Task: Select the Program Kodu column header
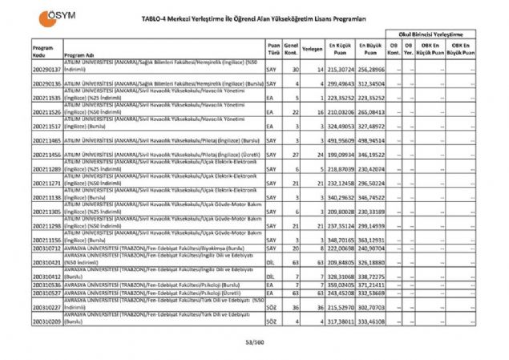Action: pyautogui.click(x=46, y=51)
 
